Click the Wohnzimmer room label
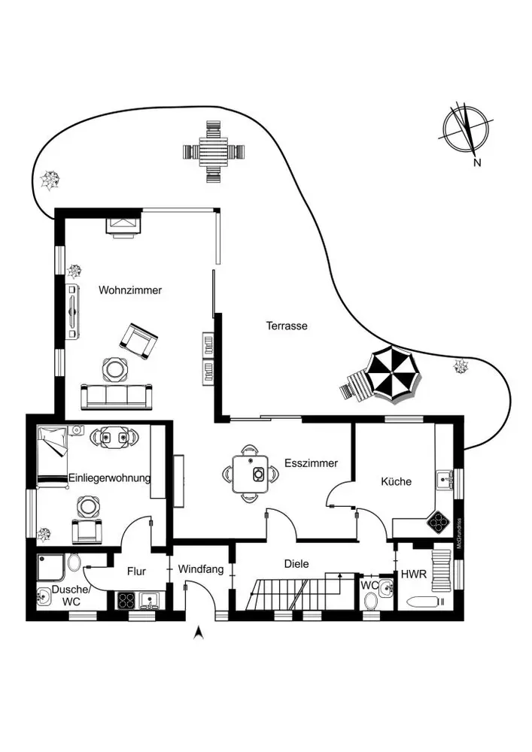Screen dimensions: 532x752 pyautogui.click(x=130, y=290)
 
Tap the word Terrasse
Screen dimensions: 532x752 pyautogui.click(x=287, y=326)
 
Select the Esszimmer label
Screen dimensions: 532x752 pyautogui.click(x=311, y=463)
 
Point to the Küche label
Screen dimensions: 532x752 pyautogui.click(x=397, y=481)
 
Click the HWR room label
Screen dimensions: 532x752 pyautogui.click(x=414, y=574)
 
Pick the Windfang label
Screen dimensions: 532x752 pyautogui.click(x=200, y=569)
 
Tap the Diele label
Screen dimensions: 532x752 pyautogui.click(x=296, y=564)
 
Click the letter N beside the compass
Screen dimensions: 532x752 pyautogui.click(x=477, y=162)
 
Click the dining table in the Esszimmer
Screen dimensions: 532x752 pyautogui.click(x=250, y=474)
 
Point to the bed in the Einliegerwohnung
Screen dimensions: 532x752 pyautogui.click(x=52, y=456)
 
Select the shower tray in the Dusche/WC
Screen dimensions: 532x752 pyautogui.click(x=51, y=567)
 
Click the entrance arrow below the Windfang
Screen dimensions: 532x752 pyautogui.click(x=199, y=633)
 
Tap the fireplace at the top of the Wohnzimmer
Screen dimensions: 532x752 pyautogui.click(x=123, y=227)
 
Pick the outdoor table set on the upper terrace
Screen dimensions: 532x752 pyautogui.click(x=214, y=152)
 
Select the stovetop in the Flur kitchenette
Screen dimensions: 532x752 pyautogui.click(x=126, y=601)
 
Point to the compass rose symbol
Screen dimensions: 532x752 pyautogui.click(x=467, y=129)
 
